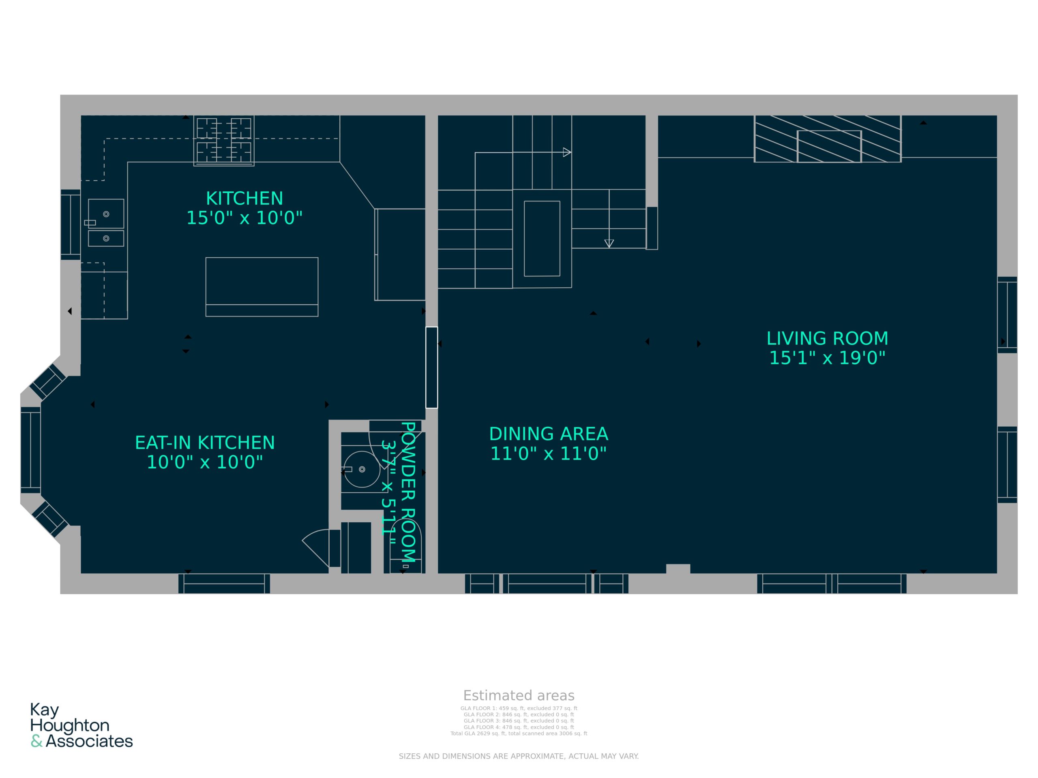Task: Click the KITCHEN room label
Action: pos(244,199)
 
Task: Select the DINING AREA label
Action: pos(549,434)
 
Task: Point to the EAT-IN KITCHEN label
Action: pos(205,443)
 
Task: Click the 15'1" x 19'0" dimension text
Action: pos(827,358)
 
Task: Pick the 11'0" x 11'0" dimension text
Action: pos(549,453)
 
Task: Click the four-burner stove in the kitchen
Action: pos(224,141)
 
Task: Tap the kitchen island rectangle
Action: pos(262,286)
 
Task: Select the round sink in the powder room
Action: pos(362,469)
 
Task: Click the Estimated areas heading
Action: pos(519,695)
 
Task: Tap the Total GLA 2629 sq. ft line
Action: pos(519,733)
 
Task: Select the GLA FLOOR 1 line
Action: pos(519,709)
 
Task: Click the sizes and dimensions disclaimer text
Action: pos(519,756)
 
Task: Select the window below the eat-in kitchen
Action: pos(224,583)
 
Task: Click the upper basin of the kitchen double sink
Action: pos(106,214)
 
